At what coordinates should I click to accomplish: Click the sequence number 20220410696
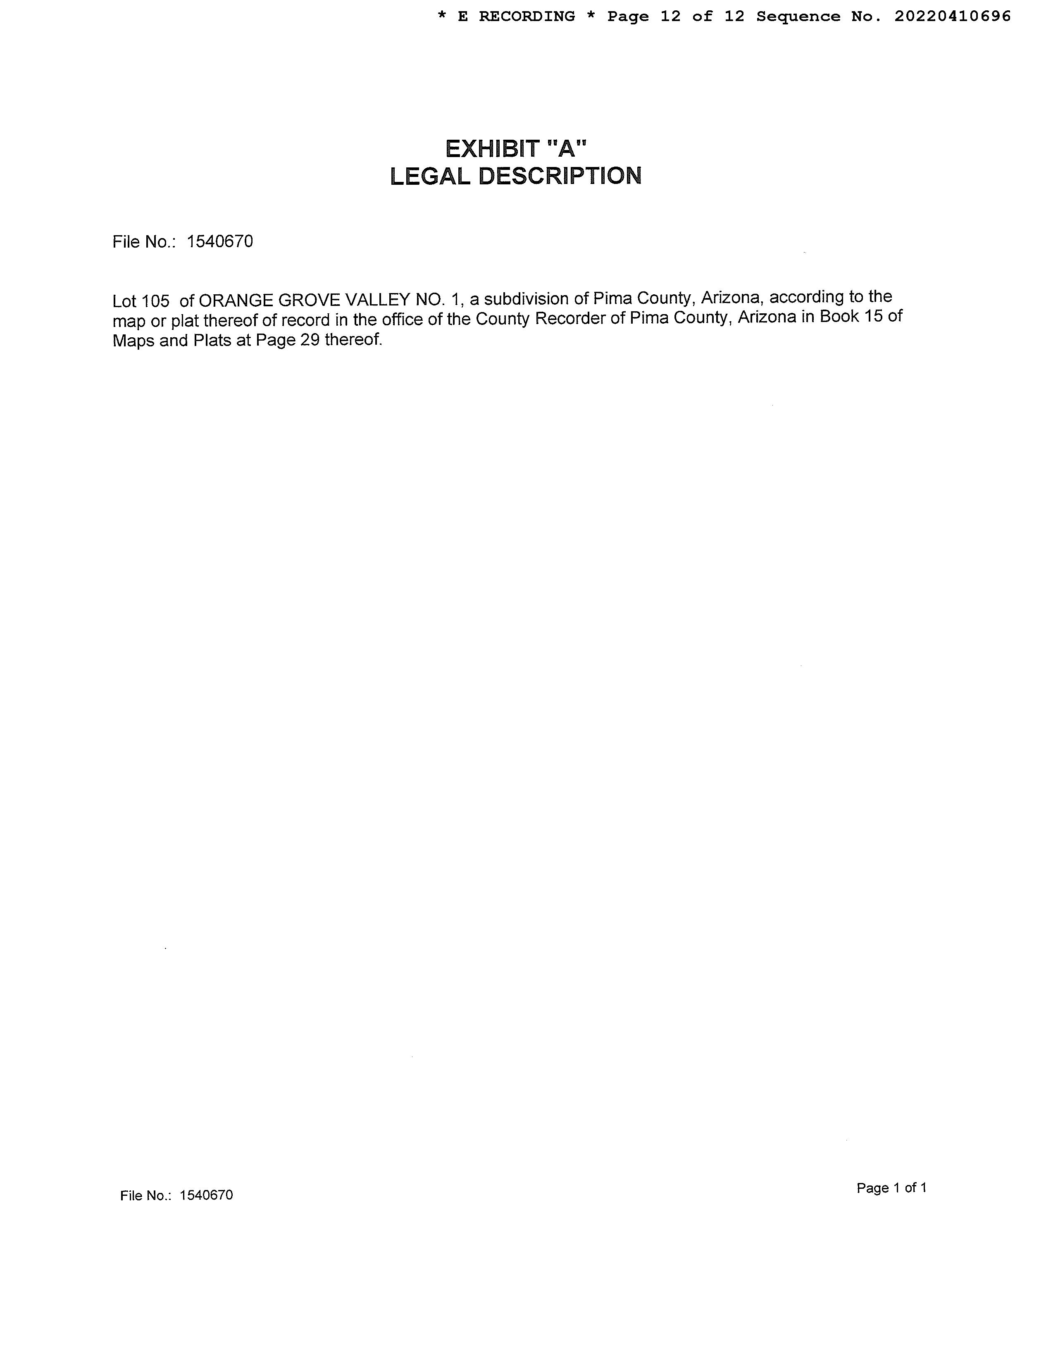[952, 16]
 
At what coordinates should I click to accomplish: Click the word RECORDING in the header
[527, 16]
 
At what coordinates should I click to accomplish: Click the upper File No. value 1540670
[220, 241]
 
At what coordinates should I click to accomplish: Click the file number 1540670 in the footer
[206, 1195]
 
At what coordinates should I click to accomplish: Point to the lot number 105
[155, 301]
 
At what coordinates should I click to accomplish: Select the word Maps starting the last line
[133, 341]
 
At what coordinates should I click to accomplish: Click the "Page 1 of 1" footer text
[891, 1188]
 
